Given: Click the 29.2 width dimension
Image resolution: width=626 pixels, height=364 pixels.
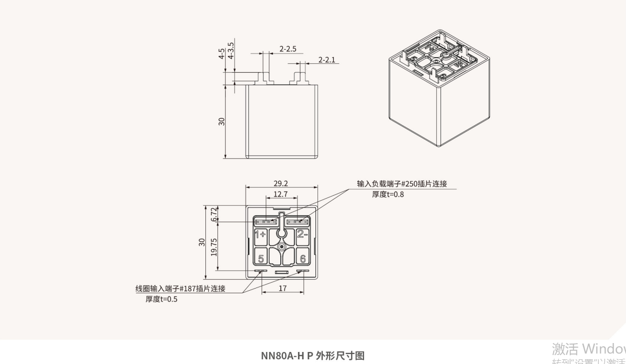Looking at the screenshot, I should pos(281,184).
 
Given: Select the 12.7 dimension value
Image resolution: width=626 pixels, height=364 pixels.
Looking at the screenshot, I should pos(281,194).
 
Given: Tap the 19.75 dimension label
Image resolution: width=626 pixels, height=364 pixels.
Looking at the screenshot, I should pos(213,247).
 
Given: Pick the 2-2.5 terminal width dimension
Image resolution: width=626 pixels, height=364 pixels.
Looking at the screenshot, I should pos(288,49).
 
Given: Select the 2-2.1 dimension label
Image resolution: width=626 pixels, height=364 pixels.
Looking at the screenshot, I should pos(327,60).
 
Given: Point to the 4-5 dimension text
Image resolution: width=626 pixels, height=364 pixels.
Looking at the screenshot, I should pos(223,54).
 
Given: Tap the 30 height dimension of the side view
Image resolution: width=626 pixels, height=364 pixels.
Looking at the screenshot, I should pos(222,121).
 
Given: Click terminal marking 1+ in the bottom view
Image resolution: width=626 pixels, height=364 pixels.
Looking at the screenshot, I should pos(260,235).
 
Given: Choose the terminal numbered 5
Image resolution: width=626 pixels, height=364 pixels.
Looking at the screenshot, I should pos(261,258).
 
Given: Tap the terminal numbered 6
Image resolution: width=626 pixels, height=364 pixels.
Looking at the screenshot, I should pos(303,258).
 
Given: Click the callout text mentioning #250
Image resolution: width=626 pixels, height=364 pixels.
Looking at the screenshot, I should pos(402,184).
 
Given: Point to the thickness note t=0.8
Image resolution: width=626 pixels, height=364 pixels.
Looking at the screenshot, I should pos(388,194).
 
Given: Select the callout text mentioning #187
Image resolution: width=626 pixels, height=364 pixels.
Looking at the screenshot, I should pos(180,289).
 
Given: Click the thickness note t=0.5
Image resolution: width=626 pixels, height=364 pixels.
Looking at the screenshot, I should pos(161,300).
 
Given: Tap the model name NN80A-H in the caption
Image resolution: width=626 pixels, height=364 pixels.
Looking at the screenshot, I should pos(283,356).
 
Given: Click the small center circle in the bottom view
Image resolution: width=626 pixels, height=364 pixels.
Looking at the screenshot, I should pos(282,246).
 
